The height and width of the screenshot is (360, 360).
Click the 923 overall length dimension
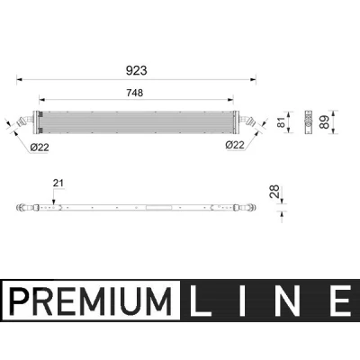tap(137, 70)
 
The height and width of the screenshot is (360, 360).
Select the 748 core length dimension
tap(135, 93)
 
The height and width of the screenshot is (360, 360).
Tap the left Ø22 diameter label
tap(40, 148)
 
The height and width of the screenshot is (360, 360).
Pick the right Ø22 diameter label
tap(235, 145)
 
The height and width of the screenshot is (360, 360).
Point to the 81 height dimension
tap(281, 122)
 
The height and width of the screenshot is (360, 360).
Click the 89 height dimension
tap(324, 122)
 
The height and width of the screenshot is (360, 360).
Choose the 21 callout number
tap(58, 183)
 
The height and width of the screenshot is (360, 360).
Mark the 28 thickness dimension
tap(274, 192)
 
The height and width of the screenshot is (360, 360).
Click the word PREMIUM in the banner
tap(90, 301)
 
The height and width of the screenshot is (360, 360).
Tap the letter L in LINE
tap(200, 301)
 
